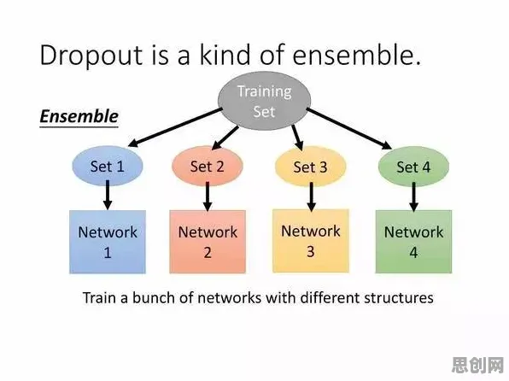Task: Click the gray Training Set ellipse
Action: pos(264,101)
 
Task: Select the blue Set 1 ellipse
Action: pos(108,166)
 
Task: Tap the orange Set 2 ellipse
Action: pos(208,166)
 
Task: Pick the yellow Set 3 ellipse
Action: pos(310,167)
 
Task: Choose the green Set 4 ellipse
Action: pos(413,167)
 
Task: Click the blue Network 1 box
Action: pos(108,242)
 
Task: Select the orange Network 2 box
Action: pos(208,242)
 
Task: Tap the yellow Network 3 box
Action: pos(311,241)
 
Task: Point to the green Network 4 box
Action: pos(413,242)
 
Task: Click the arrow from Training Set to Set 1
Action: pos(174,127)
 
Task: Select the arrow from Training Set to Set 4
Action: pos(349,129)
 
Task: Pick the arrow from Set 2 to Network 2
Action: pos(208,196)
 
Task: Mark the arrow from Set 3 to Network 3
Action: pos(312,196)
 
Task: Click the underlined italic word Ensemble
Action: pos(79,116)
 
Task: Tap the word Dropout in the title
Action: pos(91,56)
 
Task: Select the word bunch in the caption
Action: pos(155,297)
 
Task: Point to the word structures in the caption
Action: pos(399,298)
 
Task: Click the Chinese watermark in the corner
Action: pos(477,365)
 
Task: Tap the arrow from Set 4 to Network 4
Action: pos(413,196)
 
